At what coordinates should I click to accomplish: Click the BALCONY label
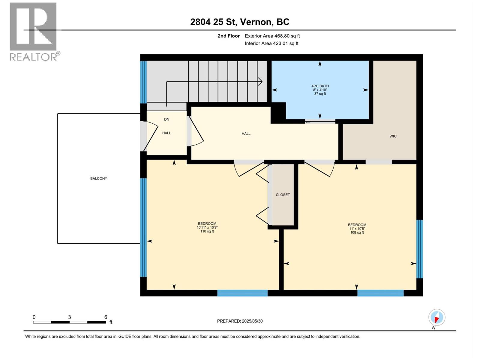point(98,178)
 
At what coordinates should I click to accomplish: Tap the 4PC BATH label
point(320,86)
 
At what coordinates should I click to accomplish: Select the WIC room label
point(393,136)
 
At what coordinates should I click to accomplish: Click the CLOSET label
point(283,195)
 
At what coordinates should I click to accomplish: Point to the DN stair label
point(166,119)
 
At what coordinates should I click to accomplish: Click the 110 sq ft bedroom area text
point(207,231)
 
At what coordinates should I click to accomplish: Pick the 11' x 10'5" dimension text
point(357,229)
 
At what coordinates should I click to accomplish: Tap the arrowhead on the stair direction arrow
point(260,81)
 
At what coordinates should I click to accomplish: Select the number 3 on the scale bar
point(69,317)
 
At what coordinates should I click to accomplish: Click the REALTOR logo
point(34,31)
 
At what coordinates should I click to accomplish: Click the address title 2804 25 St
point(239,22)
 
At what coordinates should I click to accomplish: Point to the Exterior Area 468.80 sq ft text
point(272,36)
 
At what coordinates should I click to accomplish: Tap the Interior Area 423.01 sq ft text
point(271,43)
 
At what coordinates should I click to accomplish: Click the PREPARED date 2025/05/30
point(240,321)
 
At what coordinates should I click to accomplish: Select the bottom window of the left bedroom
point(242,293)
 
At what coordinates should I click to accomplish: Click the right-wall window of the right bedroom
point(419,249)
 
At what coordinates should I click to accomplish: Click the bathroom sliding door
point(320,121)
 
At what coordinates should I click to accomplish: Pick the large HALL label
point(246,134)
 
